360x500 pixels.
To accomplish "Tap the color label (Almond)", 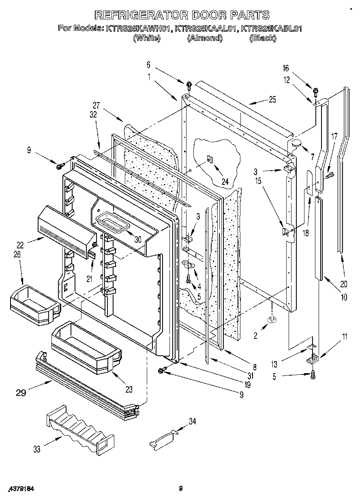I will tap(205, 38).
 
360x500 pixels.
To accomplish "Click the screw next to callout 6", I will tap(189, 85).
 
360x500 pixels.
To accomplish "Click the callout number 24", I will tap(225, 182).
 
